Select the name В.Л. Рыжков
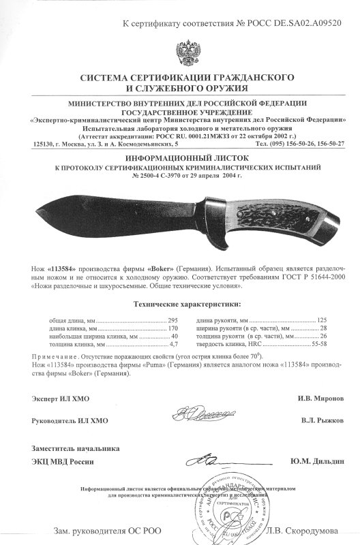click(318, 420)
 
